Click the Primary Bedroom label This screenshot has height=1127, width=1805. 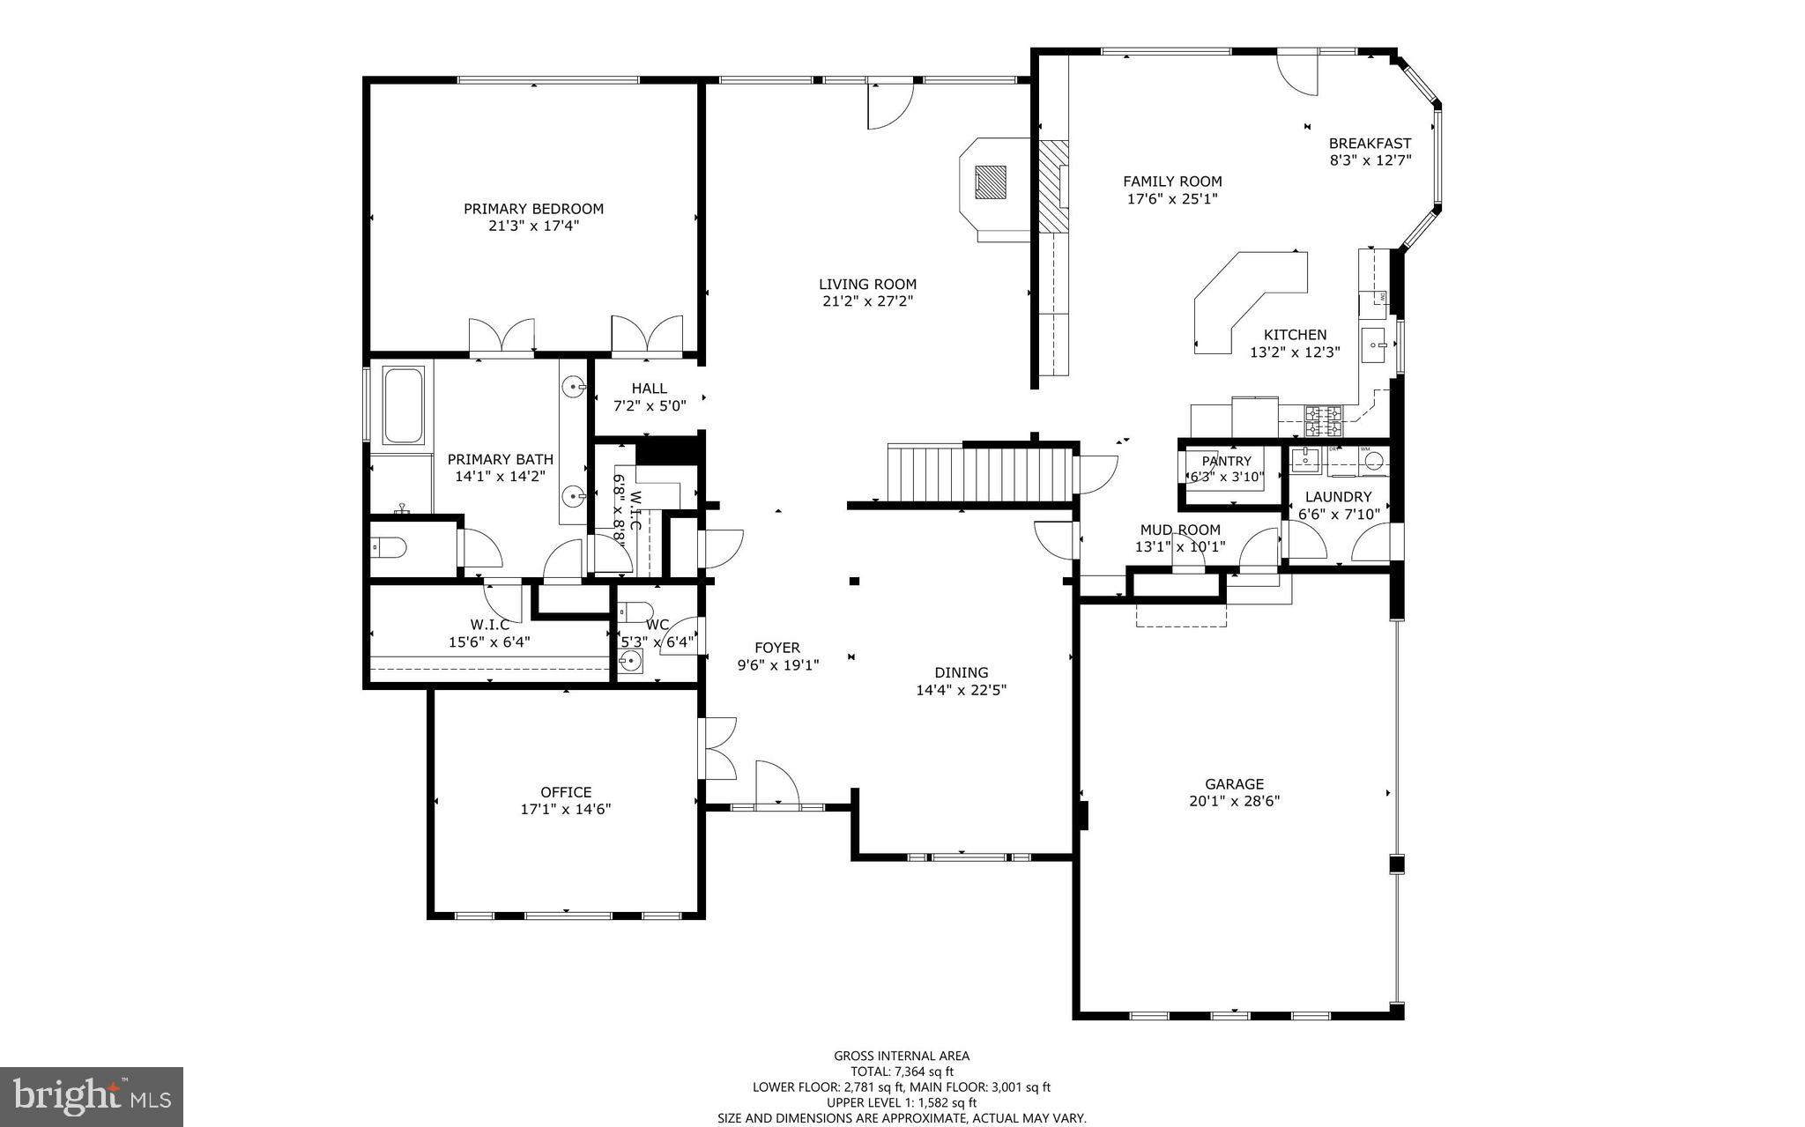[533, 209]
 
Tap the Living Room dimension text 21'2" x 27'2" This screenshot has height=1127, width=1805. [867, 301]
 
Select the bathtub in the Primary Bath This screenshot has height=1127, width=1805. [404, 405]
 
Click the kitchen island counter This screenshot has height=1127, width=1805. [1248, 300]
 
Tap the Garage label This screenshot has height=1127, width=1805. [1234, 783]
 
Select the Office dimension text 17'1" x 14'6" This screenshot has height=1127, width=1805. [565, 809]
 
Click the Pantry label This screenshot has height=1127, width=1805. [1226, 461]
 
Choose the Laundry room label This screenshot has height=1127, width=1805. [1338, 497]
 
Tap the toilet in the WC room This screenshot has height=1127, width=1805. [634, 611]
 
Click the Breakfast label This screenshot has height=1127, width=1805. [1370, 143]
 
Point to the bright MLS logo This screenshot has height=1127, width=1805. [92, 1097]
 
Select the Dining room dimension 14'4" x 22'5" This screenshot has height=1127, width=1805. [961, 690]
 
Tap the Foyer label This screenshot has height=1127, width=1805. [777, 648]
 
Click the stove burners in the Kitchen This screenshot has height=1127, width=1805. [1324, 421]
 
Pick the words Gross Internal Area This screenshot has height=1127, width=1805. [902, 1056]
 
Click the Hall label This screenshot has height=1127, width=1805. [649, 389]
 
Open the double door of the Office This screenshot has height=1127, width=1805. [717, 749]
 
